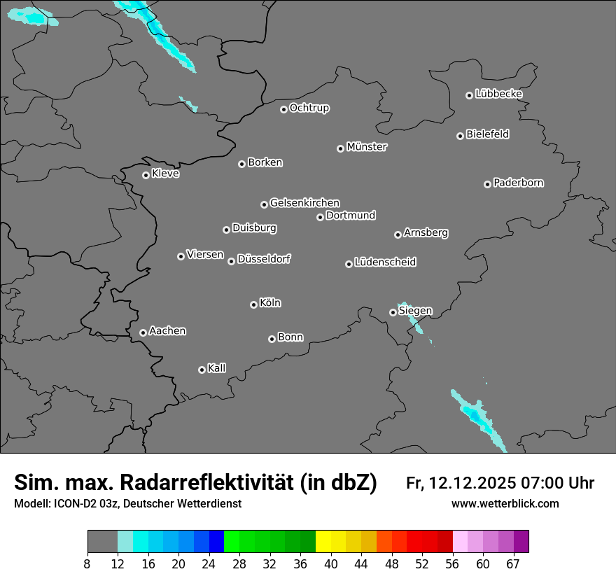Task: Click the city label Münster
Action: coord(367,147)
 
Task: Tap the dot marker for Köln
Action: coord(253,304)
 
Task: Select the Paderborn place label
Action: coord(518,183)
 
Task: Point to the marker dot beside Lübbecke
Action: coord(469,95)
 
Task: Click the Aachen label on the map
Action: coord(167,331)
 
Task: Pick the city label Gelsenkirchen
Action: coord(304,203)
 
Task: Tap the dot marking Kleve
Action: coord(146,175)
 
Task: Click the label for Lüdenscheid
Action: coord(385,262)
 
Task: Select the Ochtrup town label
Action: coord(309,108)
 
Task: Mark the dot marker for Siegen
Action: coord(393,312)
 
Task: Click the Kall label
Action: coord(216,368)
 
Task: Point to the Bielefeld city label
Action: coord(487,134)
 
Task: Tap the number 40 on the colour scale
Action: coord(331,563)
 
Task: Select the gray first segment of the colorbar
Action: coord(102,542)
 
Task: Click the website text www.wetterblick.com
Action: coord(505,504)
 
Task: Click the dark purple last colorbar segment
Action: coord(521,542)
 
